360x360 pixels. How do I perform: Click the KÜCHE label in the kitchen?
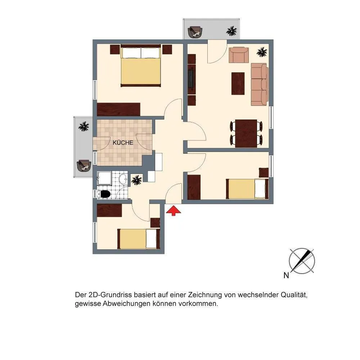click(x=123, y=143)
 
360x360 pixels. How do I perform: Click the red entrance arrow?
click(x=174, y=211)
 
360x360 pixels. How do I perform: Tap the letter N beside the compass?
click(x=286, y=275)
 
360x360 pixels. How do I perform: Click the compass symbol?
click(x=302, y=261)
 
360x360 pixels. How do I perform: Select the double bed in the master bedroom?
click(x=140, y=66)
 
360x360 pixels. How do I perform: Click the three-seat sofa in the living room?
click(x=260, y=84)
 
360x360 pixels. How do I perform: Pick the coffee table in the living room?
click(x=238, y=84)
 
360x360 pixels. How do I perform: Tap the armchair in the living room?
click(x=239, y=55)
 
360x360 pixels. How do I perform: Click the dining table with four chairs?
click(x=246, y=134)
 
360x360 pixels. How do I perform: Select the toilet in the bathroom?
click(x=104, y=194)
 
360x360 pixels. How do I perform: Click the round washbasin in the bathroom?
click(x=123, y=179)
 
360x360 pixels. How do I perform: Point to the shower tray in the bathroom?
click(x=104, y=178)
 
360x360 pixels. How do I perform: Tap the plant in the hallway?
click(x=136, y=180)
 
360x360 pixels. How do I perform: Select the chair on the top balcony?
click(x=195, y=32)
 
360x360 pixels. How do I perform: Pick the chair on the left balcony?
click(x=84, y=166)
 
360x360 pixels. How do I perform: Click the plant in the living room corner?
click(x=262, y=52)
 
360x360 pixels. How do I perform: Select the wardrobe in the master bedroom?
click(x=118, y=109)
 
